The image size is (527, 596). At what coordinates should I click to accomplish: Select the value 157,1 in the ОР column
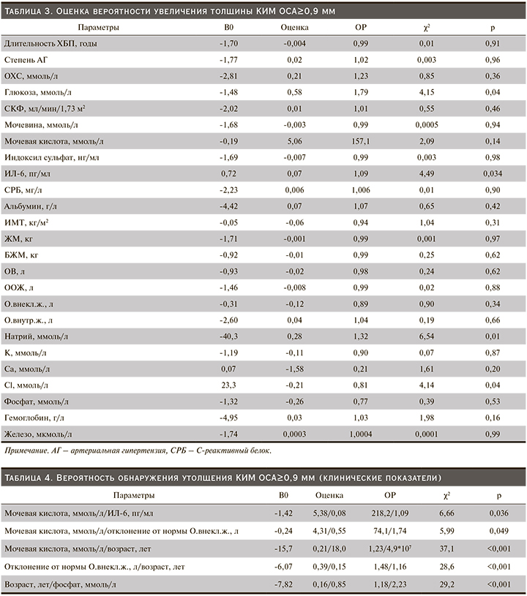(360, 139)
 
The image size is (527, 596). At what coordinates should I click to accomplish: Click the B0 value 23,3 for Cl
(225, 385)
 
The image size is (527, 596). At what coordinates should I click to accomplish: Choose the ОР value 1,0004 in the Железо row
(360, 434)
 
